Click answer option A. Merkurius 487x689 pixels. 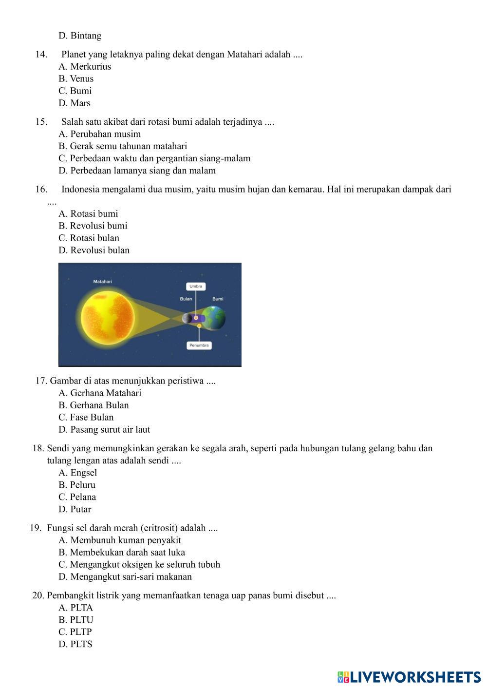click(85, 67)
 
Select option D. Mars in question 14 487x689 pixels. click(75, 103)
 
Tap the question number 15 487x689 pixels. click(41, 122)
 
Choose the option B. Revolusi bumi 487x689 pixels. click(93, 226)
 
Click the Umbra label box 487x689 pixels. click(196, 286)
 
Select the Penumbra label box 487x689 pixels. click(199, 345)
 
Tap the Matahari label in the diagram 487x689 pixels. click(103, 282)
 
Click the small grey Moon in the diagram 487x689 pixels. click(187, 318)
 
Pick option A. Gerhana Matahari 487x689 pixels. click(100, 393)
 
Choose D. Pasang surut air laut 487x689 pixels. click(104, 430)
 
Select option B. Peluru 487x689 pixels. click(77, 485)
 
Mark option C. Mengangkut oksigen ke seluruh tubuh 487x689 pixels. click(139, 565)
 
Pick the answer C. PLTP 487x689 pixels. click(75, 632)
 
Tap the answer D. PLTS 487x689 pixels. click(75, 644)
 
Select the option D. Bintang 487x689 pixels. click(80, 36)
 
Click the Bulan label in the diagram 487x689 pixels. click(186, 299)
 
